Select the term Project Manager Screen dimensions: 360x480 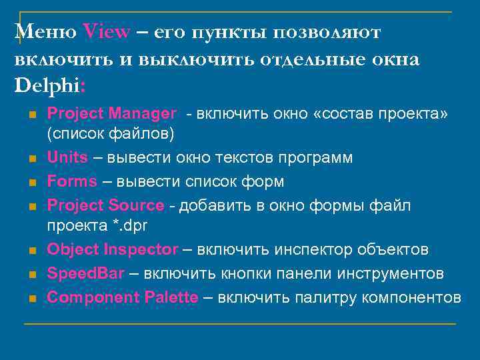(x=112, y=114)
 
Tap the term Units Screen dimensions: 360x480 (x=67, y=157)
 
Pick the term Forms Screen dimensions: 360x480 (x=69, y=181)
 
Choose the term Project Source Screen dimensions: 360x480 (x=105, y=205)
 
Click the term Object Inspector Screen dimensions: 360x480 (x=113, y=250)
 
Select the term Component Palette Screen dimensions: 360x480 (x=123, y=297)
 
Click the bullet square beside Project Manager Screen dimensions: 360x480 (x=31, y=115)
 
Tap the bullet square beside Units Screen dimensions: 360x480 (x=31, y=159)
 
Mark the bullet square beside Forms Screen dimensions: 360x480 (x=31, y=182)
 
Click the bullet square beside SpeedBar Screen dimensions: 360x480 (x=31, y=275)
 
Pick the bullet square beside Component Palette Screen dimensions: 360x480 (x=31, y=298)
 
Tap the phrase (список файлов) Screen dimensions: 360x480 (x=110, y=135)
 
